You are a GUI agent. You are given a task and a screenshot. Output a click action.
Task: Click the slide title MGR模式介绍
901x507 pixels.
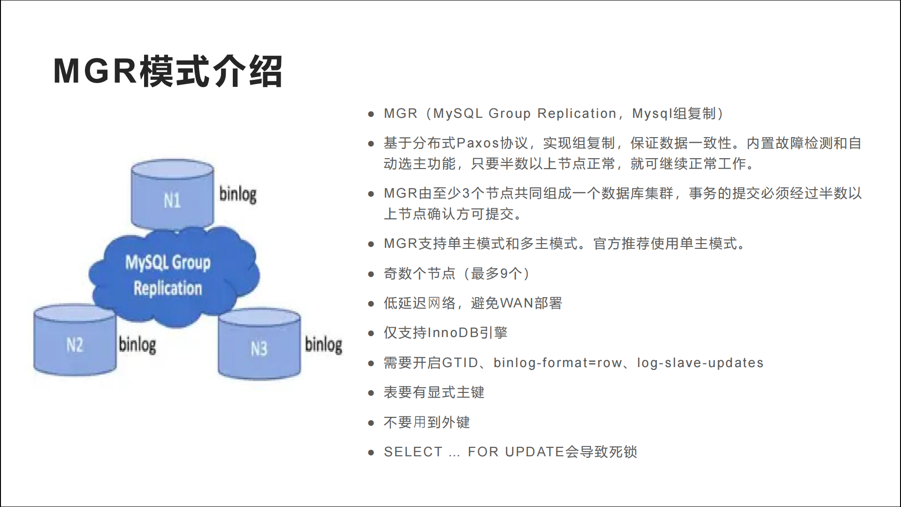pyautogui.click(x=168, y=71)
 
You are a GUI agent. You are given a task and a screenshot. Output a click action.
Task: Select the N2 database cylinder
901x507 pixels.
pyautogui.click(x=75, y=341)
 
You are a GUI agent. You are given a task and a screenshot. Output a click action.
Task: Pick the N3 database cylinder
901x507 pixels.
pyautogui.click(x=259, y=344)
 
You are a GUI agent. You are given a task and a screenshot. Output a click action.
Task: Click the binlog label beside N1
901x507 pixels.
pyautogui.click(x=238, y=194)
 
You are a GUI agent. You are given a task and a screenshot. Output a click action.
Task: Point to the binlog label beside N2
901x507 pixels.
pyautogui.click(x=137, y=345)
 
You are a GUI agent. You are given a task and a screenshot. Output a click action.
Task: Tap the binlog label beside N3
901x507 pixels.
pyautogui.click(x=323, y=345)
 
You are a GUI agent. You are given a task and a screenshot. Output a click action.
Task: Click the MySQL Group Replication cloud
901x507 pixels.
pyautogui.click(x=174, y=276)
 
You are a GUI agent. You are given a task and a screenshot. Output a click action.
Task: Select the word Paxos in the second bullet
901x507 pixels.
pyautogui.click(x=478, y=143)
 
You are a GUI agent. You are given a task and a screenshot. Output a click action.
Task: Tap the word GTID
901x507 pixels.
pyautogui.click(x=460, y=363)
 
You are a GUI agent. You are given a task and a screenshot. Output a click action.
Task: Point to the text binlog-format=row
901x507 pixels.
pyautogui.click(x=558, y=363)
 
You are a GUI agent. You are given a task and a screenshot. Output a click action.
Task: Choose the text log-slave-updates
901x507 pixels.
pyautogui.click(x=700, y=363)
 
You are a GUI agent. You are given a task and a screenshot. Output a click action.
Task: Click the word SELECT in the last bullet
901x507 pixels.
pyautogui.click(x=413, y=452)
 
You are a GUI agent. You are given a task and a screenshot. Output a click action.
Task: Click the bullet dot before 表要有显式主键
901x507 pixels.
pyautogui.click(x=371, y=393)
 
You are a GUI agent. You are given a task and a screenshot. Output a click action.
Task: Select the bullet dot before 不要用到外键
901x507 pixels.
pyautogui.click(x=371, y=423)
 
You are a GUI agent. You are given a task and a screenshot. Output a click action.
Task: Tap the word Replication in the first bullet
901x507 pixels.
pyautogui.click(x=577, y=114)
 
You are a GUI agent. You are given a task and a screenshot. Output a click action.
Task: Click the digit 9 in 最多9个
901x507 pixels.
pyautogui.click(x=504, y=274)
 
